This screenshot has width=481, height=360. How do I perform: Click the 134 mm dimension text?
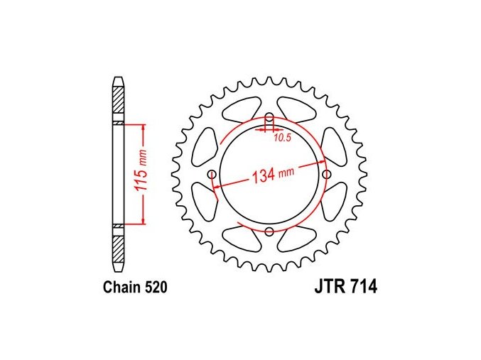click(273, 175)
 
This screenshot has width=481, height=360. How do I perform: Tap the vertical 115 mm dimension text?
click(141, 175)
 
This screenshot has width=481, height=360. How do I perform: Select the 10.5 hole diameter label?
click(282, 138)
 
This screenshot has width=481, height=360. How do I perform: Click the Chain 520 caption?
click(135, 288)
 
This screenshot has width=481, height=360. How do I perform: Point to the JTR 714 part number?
click(346, 287)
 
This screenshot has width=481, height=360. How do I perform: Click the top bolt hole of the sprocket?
click(269, 117)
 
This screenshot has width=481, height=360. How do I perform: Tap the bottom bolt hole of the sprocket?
click(269, 231)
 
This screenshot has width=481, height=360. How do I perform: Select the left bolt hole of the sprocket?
click(212, 175)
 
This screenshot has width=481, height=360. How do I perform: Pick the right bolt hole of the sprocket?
click(327, 175)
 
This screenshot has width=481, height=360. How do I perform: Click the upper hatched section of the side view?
click(119, 100)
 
